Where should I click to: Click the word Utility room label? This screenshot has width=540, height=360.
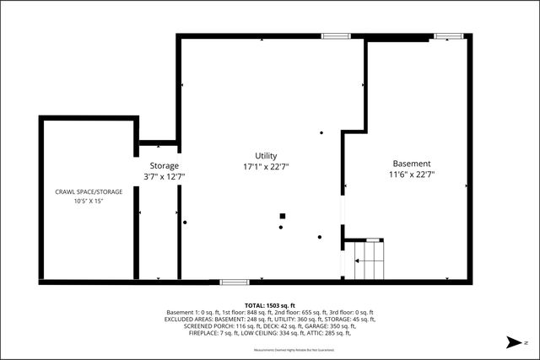266,156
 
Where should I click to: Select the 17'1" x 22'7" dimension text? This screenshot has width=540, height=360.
266,167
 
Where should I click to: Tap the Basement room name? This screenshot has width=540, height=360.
412,164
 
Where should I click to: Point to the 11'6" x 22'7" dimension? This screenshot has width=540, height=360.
412,175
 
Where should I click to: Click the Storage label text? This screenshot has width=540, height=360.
164,165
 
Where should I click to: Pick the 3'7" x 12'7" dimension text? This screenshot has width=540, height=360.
164,177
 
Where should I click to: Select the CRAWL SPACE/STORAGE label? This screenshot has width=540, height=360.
89,192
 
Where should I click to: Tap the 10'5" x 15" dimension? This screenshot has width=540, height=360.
89,201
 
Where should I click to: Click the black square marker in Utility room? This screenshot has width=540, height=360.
282,217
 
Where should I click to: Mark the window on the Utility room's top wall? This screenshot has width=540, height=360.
335,36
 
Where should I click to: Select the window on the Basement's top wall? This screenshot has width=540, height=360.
448,36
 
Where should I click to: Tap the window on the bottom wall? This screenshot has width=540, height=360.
234,282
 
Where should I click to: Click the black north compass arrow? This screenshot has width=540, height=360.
511,342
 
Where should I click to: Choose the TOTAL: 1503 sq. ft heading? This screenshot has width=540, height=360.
270,304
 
